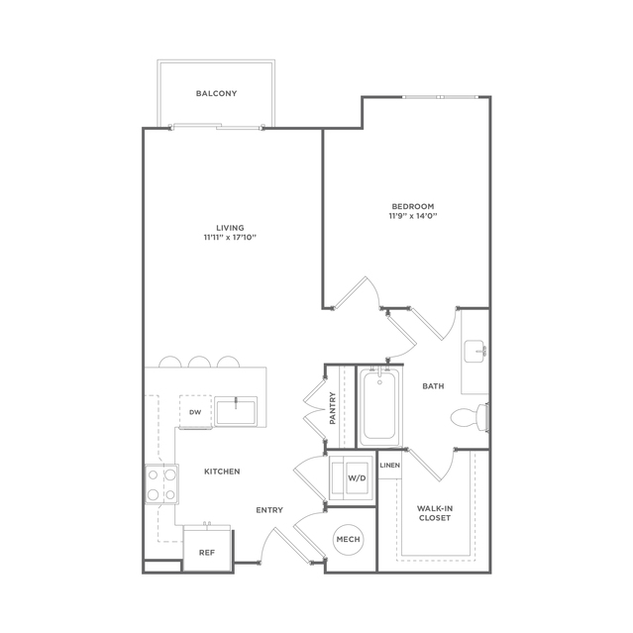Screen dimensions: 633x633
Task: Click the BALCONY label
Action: [216, 93]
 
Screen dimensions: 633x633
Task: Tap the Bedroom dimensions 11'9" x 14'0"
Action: [413, 216]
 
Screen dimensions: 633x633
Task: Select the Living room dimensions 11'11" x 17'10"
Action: [230, 238]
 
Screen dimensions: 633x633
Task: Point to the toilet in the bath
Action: [470, 417]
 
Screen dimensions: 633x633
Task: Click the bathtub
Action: [379, 407]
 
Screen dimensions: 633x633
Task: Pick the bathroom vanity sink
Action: [475, 352]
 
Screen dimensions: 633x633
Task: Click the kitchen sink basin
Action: [236, 411]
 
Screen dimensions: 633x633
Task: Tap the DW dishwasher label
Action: [195, 412]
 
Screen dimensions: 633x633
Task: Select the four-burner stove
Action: [161, 484]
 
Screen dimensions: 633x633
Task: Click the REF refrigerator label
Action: [207, 553]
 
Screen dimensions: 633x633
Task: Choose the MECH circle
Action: [349, 539]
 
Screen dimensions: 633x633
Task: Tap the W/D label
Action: [357, 478]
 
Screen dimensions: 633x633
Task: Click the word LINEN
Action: [390, 465]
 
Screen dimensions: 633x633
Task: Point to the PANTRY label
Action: [333, 408]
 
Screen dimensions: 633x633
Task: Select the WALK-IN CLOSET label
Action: [435, 513]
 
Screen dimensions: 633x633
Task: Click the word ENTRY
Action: [269, 510]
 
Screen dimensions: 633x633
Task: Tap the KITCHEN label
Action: [222, 472]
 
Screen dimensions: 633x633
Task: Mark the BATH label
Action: [433, 386]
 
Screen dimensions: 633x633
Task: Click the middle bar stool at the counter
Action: [199, 362]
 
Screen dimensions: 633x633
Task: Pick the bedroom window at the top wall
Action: [441, 97]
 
